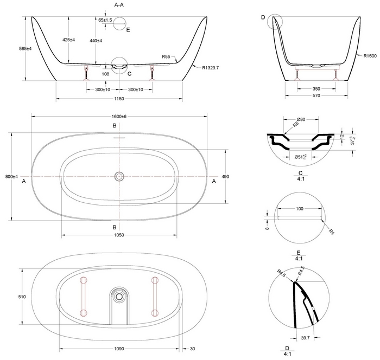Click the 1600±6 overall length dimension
click(x=119, y=117)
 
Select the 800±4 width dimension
click(x=11, y=177)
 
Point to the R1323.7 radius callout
click(x=211, y=68)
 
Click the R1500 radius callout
click(x=370, y=55)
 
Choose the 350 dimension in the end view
click(x=315, y=88)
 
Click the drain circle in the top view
click(x=119, y=176)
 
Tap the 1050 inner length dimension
click(x=119, y=235)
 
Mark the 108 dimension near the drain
click(x=106, y=73)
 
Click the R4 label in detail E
click(x=332, y=232)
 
